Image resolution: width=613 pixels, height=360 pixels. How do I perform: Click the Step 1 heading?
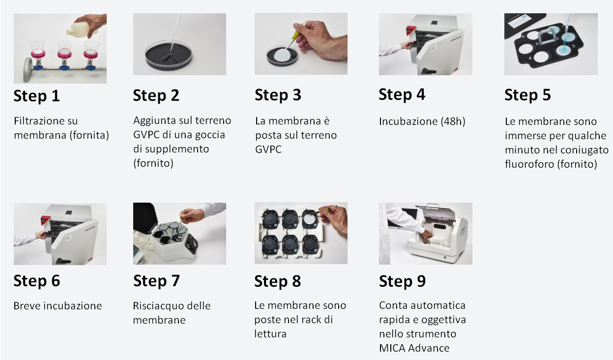[x=37, y=96]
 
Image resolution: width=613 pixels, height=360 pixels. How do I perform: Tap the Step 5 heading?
[x=527, y=95]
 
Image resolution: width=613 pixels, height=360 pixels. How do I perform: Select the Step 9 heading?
[x=402, y=281]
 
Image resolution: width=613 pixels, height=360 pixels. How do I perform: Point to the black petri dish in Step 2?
[x=169, y=57]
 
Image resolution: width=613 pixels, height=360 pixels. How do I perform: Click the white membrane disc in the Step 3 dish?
[x=283, y=55]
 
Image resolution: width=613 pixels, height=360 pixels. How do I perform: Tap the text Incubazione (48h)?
[x=422, y=121]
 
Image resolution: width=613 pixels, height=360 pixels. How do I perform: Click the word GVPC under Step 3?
[x=268, y=150]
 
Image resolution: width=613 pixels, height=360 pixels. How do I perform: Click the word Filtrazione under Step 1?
[x=46, y=120]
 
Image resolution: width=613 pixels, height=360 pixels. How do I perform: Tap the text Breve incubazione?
[x=58, y=306]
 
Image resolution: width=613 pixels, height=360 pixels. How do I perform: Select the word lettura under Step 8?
[x=270, y=334]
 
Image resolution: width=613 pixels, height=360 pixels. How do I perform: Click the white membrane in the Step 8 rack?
[x=310, y=219]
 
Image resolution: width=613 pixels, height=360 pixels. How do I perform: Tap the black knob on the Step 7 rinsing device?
[x=192, y=243]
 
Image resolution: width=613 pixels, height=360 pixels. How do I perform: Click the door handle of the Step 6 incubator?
[x=63, y=261]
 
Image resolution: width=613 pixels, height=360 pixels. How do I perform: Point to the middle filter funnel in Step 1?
[x=64, y=55]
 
